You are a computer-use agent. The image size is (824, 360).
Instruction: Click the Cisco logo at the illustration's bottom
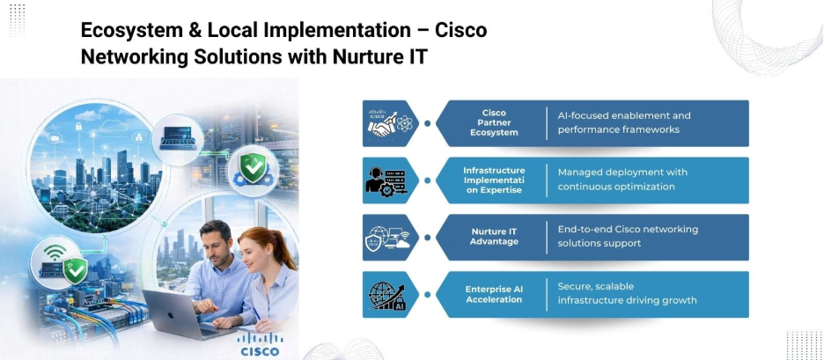[x=260, y=344]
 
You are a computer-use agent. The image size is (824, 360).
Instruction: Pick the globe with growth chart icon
[x=387, y=296]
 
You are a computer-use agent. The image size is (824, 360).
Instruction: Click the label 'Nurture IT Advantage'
[x=494, y=237]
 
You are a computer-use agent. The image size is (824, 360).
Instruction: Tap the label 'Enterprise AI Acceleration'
[x=494, y=294]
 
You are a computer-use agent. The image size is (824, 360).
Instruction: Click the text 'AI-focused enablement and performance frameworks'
[x=624, y=122]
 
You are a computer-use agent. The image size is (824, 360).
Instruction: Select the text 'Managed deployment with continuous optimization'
[x=622, y=180]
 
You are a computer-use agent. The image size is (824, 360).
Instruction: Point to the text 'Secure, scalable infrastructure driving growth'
[x=627, y=293]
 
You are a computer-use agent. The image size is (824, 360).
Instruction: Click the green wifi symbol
[x=55, y=252]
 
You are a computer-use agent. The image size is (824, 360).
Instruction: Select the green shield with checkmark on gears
[x=253, y=170]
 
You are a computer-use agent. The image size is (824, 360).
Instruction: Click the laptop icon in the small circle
[x=178, y=137]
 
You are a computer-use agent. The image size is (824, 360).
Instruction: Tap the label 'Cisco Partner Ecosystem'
[x=494, y=123]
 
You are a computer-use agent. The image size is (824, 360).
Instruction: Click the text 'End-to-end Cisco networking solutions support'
[x=628, y=236]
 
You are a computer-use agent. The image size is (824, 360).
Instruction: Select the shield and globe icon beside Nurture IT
[x=388, y=238]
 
